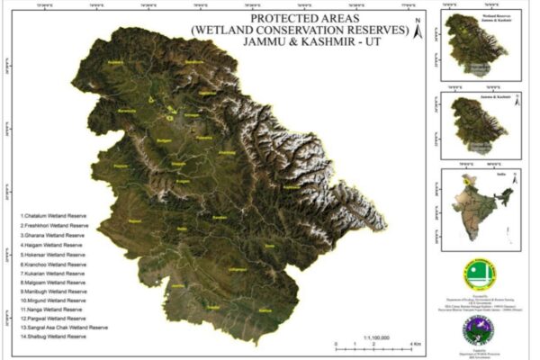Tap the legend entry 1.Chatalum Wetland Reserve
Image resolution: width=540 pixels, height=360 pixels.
tap(53, 217)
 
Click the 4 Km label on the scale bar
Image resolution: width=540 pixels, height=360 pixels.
tap(417, 346)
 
